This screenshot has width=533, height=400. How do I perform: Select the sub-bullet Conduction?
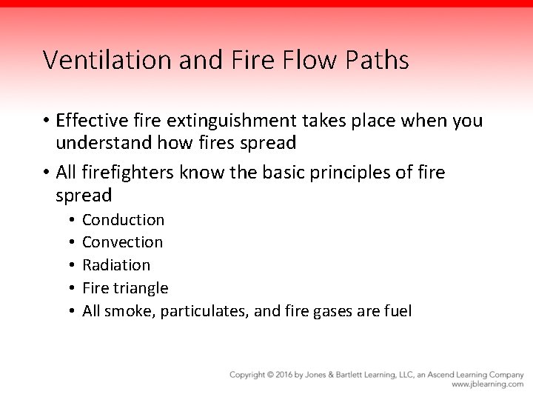[124, 220]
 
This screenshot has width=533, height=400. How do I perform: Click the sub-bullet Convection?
[123, 242]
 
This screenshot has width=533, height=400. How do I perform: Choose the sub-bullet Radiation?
[116, 265]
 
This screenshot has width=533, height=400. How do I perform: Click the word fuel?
[397, 311]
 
